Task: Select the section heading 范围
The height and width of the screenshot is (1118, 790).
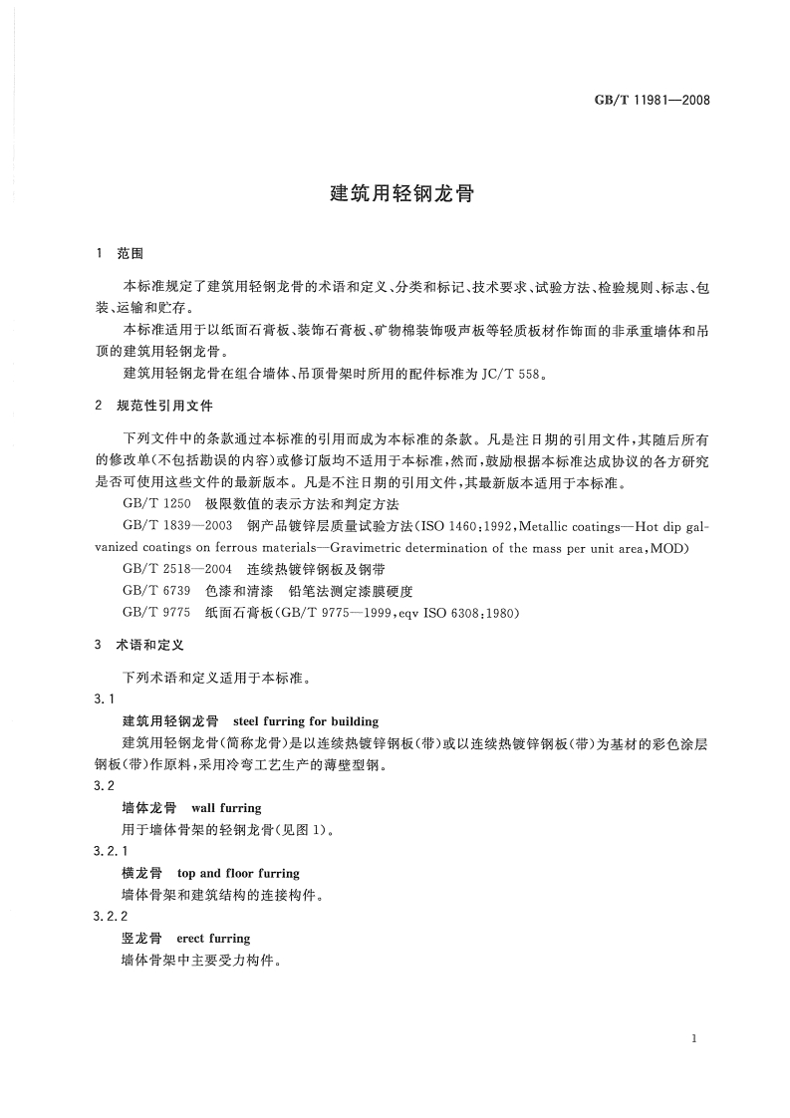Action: [x=130, y=254]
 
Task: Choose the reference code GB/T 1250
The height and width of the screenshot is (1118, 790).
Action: [x=155, y=504]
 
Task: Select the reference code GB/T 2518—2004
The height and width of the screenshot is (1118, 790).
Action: [x=177, y=568]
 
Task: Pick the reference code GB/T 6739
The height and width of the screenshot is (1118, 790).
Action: [x=155, y=590]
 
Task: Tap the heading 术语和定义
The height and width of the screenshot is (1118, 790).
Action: [x=143, y=645]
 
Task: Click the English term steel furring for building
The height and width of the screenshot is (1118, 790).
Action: [x=305, y=720]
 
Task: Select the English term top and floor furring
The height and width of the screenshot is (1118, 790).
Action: [x=237, y=873]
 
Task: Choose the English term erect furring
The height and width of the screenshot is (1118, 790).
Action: [x=213, y=939]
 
